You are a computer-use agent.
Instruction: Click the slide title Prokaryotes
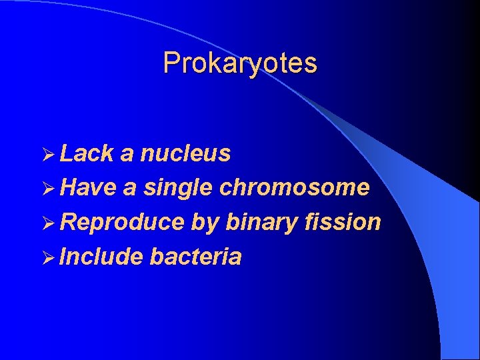[240, 63]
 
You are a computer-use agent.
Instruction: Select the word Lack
[86, 154]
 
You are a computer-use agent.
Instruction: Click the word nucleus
[185, 154]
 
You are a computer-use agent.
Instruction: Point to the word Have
[87, 188]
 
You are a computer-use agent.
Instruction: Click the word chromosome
[294, 188]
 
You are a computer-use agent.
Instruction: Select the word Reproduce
[122, 223]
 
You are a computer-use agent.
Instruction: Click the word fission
[343, 222]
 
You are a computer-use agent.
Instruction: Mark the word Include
[101, 257]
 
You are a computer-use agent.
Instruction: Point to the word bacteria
[195, 257]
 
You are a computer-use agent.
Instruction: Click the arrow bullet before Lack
[47, 155]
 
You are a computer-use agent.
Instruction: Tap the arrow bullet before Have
[47, 189]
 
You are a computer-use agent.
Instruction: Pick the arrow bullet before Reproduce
[47, 223]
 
